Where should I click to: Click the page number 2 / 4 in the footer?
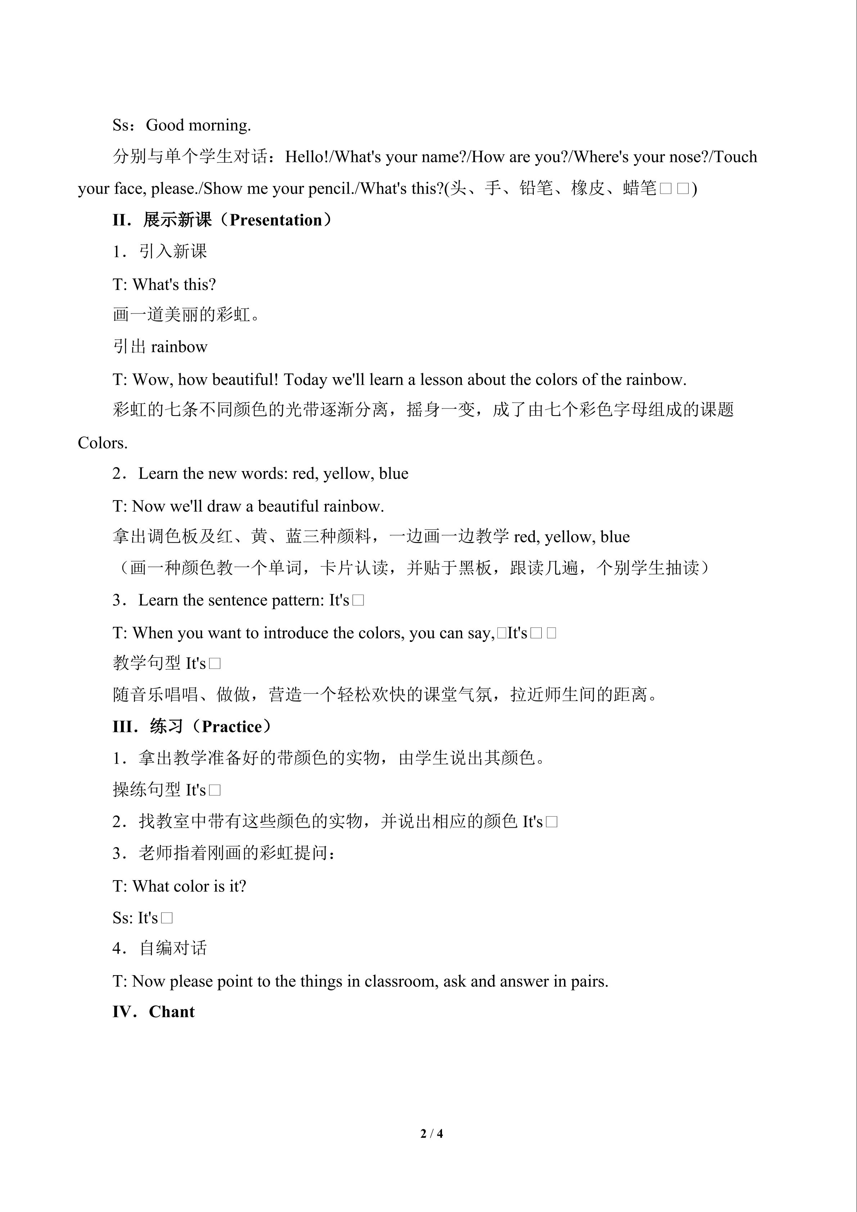432,1133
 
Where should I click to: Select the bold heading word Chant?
172,1012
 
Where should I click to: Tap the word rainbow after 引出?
179,347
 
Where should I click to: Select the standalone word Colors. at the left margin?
103,443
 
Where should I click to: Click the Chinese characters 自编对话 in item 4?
173,949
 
